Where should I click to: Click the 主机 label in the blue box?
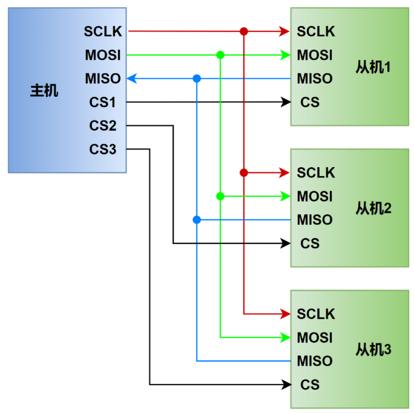coord(44,91)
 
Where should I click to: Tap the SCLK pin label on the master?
coord(103,31)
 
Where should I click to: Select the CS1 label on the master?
coord(102,102)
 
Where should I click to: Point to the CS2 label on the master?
coord(103,125)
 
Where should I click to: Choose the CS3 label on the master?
coord(103,149)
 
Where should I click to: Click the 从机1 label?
coord(373,67)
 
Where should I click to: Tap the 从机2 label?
coord(373,208)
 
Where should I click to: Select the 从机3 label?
coord(373,349)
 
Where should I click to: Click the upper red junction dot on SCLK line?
coord(244,31)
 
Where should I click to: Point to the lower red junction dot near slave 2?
coord(244,173)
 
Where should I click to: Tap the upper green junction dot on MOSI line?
coord(220,55)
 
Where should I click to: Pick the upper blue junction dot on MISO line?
coord(197,79)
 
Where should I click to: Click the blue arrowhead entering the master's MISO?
coord(131,79)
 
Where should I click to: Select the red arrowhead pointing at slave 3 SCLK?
coord(285,314)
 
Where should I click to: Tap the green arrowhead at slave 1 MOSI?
coord(285,55)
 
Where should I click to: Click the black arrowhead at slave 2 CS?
coord(285,243)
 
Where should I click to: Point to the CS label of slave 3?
coord(310,385)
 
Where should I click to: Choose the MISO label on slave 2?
coord(315,220)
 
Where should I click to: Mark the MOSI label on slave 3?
coord(315,337)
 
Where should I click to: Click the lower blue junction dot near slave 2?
coord(197,220)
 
